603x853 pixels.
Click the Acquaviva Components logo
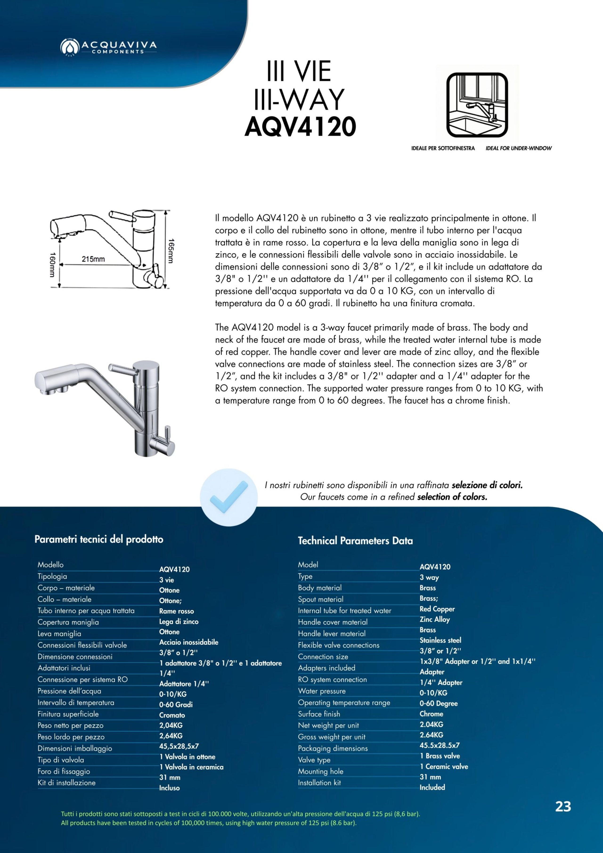click(x=108, y=46)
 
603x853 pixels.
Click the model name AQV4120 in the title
click(x=300, y=127)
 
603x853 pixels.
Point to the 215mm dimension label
click(x=93, y=259)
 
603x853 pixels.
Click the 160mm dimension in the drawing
click(x=52, y=265)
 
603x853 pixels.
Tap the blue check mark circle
click(x=228, y=497)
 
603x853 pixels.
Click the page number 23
click(x=563, y=807)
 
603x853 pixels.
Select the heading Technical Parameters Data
click(x=355, y=541)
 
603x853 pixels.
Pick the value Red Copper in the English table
click(x=437, y=609)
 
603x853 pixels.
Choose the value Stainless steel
click(x=440, y=640)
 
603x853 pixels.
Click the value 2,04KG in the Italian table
click(x=171, y=725)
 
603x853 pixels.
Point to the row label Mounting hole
click(x=320, y=771)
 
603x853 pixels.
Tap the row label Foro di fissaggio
click(x=64, y=771)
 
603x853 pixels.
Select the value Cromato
click(x=172, y=715)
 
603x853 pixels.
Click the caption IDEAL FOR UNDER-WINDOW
click(x=518, y=148)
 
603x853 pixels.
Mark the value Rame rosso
click(x=176, y=611)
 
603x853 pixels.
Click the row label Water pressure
click(x=321, y=691)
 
